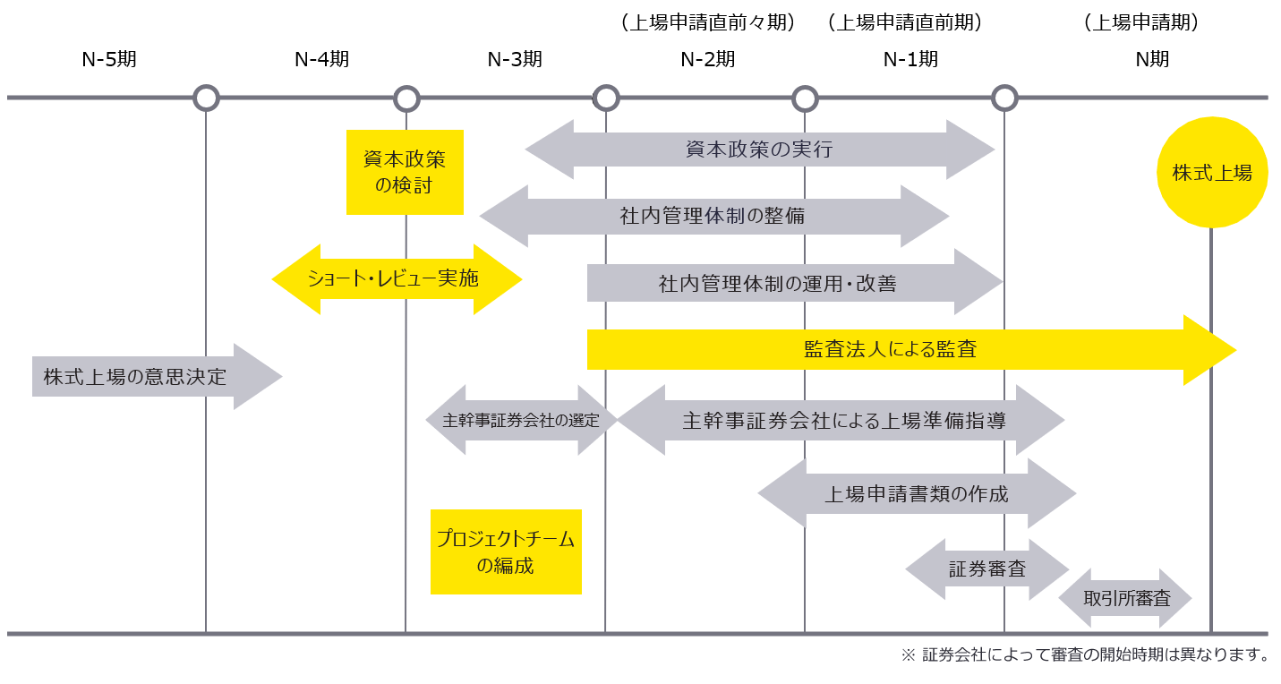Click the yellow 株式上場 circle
click(1212, 173)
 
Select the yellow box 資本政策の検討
click(405, 172)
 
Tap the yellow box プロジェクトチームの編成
click(506, 551)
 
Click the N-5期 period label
click(109, 60)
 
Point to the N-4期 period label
click(321, 60)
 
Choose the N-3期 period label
click(515, 60)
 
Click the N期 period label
click(1152, 60)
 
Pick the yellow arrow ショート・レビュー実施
click(394, 279)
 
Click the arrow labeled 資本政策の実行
click(759, 150)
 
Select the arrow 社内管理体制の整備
click(713, 216)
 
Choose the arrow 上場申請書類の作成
click(916, 493)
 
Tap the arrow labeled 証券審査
click(987, 569)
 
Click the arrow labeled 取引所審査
click(1126, 598)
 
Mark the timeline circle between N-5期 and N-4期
click(207, 98)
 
